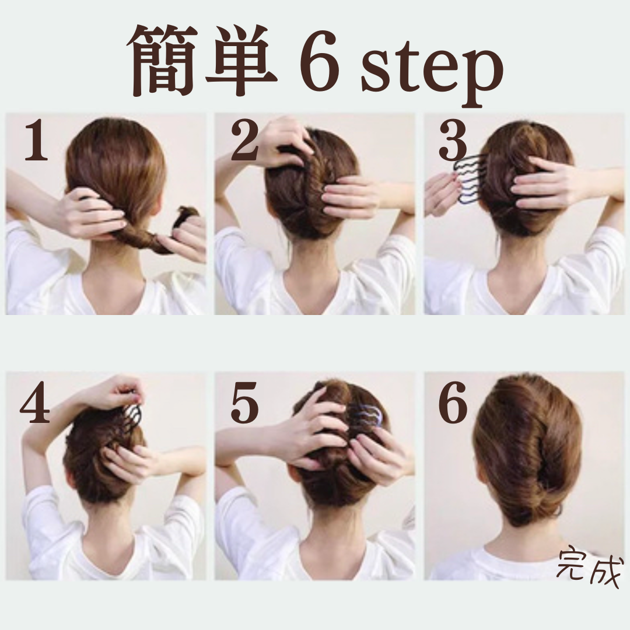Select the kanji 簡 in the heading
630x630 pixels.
coord(163,60)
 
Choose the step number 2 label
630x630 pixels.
coord(244,141)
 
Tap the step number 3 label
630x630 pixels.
coord(453,141)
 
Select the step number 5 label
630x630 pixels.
coord(244,403)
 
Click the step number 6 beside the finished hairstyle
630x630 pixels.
coord(453,403)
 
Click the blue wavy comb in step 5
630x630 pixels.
coord(367,416)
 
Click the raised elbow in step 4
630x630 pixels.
coord(30,442)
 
